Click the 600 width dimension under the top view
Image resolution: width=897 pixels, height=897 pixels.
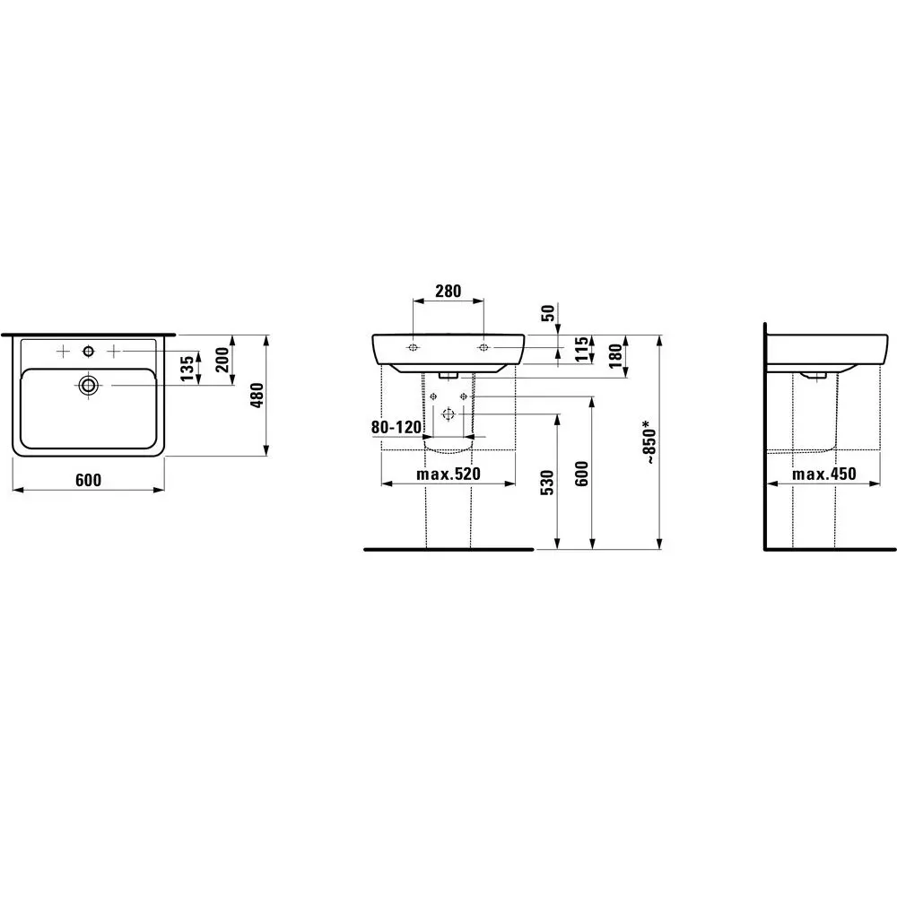click(x=87, y=480)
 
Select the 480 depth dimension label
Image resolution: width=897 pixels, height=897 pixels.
click(x=256, y=395)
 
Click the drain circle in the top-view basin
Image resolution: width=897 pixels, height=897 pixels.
click(x=88, y=386)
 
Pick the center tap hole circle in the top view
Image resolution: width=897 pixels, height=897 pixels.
click(x=88, y=348)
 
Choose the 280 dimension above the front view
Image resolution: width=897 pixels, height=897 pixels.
click(x=448, y=291)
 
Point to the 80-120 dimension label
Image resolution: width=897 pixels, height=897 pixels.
click(x=396, y=428)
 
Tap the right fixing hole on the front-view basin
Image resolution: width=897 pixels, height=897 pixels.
click(x=484, y=347)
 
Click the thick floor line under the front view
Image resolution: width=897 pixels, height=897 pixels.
click(x=448, y=548)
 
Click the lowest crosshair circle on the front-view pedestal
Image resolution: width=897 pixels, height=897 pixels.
click(x=448, y=414)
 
